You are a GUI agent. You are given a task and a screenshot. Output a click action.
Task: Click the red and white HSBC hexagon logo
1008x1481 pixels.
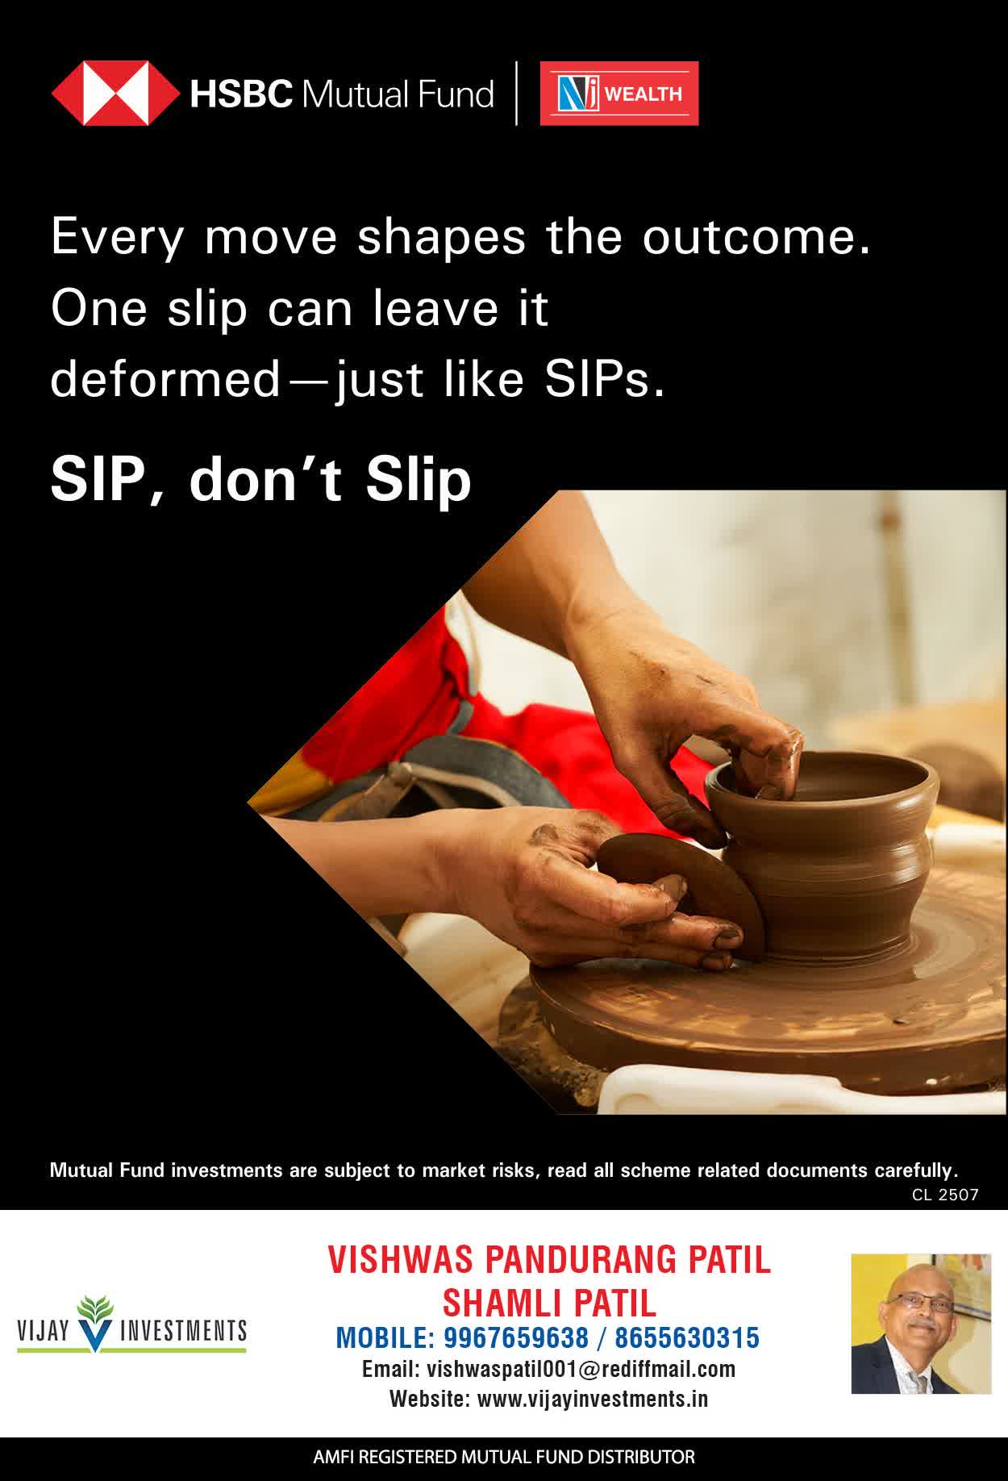click(x=116, y=94)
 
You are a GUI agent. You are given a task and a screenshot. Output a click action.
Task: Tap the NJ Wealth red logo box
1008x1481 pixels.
click(x=619, y=94)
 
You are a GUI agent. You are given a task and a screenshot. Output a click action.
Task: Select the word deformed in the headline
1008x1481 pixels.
click(x=165, y=379)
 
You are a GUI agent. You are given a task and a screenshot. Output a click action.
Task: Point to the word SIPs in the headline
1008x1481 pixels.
click(x=604, y=379)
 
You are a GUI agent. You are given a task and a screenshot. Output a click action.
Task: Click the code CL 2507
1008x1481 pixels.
click(x=945, y=1195)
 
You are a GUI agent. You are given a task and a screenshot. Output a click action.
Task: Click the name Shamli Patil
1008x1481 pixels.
click(x=549, y=1302)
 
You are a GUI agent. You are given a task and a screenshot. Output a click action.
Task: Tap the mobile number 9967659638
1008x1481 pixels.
click(x=516, y=1338)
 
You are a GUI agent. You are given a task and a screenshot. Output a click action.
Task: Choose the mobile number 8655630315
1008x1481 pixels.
click(x=687, y=1338)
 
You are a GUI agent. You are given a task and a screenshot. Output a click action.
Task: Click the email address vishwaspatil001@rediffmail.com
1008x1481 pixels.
click(x=581, y=1369)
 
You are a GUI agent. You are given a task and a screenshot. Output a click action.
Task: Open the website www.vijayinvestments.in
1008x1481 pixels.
click(x=593, y=1399)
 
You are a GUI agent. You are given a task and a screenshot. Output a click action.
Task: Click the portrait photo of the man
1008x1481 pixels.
click(x=921, y=1324)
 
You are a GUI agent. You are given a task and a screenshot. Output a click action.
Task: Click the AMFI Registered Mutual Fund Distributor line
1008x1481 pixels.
click(x=504, y=1458)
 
